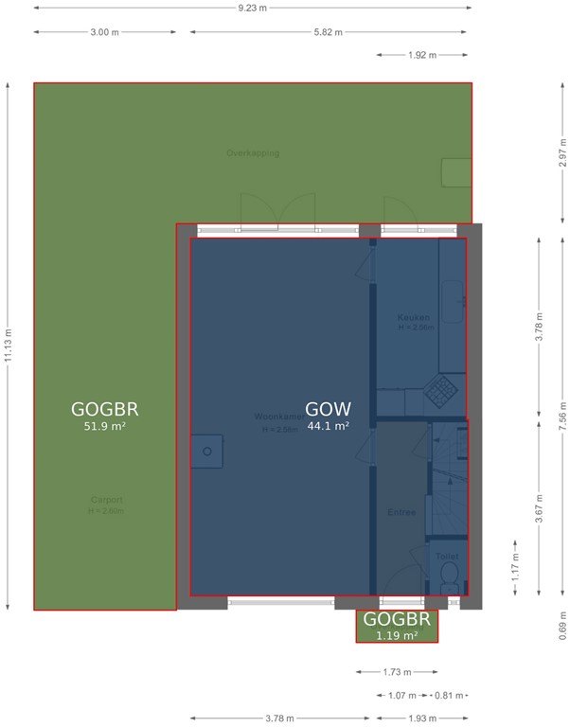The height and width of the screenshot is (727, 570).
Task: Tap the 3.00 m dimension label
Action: point(104,31)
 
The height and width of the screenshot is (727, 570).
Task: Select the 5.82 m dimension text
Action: point(328,31)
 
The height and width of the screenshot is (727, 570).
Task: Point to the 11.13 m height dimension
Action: point(9,346)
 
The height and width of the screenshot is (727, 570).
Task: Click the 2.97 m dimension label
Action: point(562,153)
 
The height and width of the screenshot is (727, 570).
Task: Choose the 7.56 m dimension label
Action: point(562,418)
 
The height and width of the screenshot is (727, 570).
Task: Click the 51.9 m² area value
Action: point(104,427)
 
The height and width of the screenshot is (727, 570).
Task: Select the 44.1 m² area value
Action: point(329,426)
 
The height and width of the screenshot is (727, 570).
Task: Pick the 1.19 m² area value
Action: point(397,635)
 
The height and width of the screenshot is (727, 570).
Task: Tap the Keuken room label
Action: point(414,318)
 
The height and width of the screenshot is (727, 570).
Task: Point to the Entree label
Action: point(401,512)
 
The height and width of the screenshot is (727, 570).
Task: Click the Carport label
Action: point(106,500)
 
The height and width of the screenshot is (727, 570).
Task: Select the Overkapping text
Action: point(253,152)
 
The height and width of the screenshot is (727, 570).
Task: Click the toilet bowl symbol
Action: point(449,575)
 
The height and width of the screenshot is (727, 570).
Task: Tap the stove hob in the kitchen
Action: point(440,389)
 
